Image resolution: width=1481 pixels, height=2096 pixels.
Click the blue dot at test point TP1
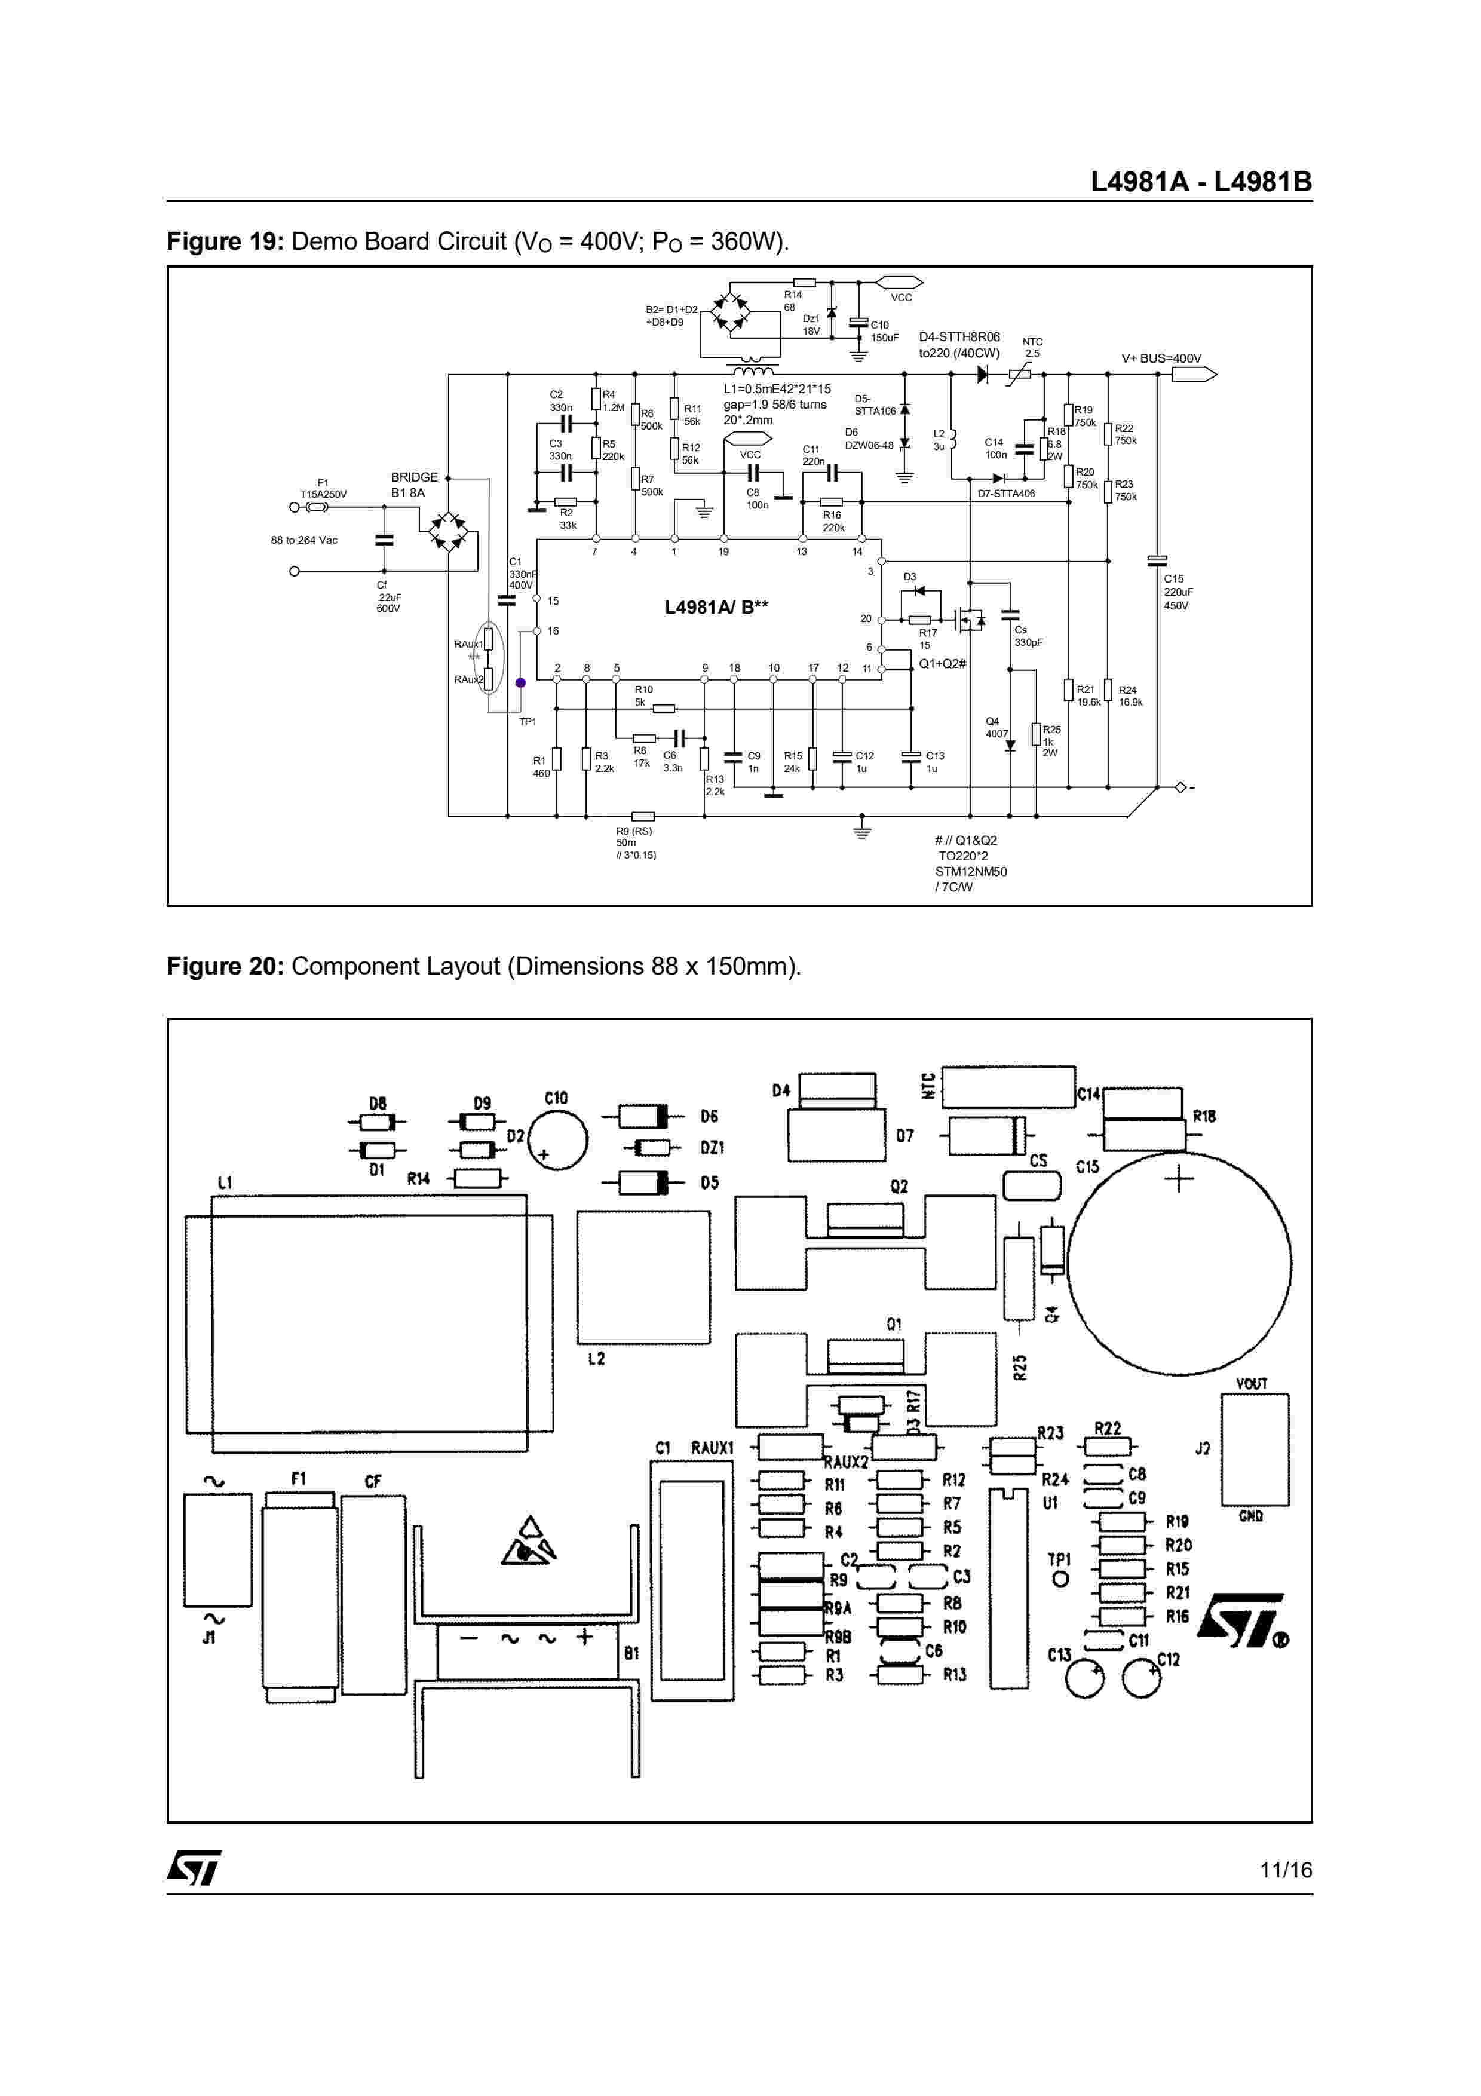[x=520, y=682]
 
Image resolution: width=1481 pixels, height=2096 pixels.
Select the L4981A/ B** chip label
[x=716, y=607]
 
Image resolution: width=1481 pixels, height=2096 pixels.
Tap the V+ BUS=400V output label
[x=1161, y=358]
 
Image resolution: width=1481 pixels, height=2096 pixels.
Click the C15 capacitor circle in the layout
[x=1179, y=1264]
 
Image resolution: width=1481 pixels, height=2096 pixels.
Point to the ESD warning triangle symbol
[x=529, y=1542]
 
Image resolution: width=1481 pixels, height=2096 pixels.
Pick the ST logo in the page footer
[x=194, y=1868]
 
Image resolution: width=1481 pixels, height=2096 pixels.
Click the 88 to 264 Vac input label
[x=304, y=541]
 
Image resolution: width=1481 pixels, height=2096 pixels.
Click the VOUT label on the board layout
[x=1251, y=1383]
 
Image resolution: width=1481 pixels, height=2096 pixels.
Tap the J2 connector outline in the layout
[x=1255, y=1449]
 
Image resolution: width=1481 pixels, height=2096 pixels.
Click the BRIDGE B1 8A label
[x=413, y=485]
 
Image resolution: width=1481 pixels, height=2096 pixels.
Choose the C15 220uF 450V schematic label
[x=1178, y=592]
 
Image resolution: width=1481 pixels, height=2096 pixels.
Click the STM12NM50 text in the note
[x=970, y=871]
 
